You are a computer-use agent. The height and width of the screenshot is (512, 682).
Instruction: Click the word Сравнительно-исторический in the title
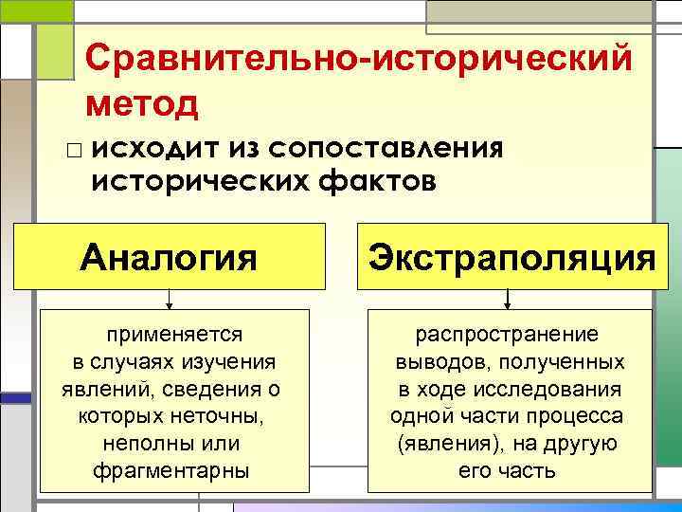(x=358, y=62)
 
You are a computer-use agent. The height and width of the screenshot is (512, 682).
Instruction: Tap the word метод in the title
(x=142, y=102)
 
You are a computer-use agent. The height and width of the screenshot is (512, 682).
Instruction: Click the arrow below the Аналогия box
(x=170, y=302)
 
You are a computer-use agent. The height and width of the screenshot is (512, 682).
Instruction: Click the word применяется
(x=174, y=335)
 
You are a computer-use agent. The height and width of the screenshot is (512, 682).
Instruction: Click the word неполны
(x=143, y=444)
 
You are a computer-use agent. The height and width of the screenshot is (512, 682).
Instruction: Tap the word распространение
(x=508, y=335)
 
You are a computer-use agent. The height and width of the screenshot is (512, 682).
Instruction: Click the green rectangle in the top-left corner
(x=36, y=10)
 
